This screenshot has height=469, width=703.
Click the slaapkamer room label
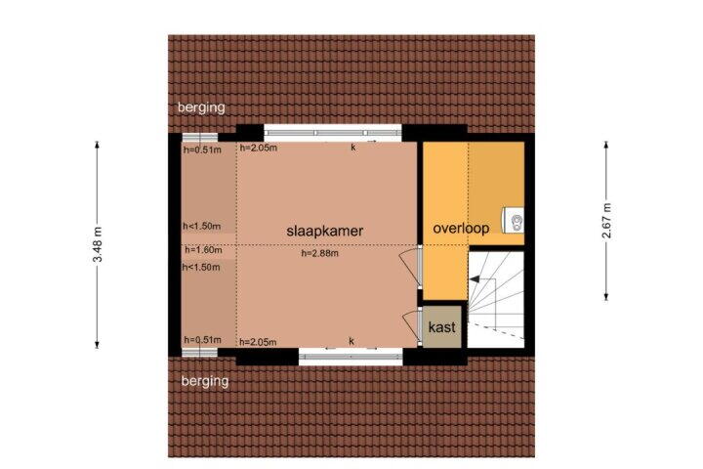click(324, 232)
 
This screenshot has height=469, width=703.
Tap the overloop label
click(461, 229)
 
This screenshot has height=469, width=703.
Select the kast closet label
click(442, 327)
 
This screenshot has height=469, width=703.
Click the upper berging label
click(201, 107)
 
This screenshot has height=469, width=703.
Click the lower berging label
click(205, 381)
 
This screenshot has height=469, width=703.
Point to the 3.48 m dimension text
click(99, 244)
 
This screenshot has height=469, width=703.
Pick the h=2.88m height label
click(320, 254)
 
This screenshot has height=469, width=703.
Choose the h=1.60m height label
click(203, 249)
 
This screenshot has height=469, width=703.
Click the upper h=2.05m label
click(258, 148)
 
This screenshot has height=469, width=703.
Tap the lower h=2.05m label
click(258, 342)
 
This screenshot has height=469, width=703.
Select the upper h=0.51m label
click(202, 149)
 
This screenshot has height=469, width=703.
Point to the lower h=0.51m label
click(203, 340)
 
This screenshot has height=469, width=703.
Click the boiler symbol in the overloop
click(514, 221)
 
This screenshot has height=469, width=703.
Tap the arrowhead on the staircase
click(474, 279)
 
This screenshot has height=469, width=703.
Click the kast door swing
click(411, 323)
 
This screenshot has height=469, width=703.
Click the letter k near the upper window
click(353, 148)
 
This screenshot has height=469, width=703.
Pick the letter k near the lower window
click(351, 342)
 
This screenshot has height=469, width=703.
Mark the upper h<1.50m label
click(202, 227)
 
